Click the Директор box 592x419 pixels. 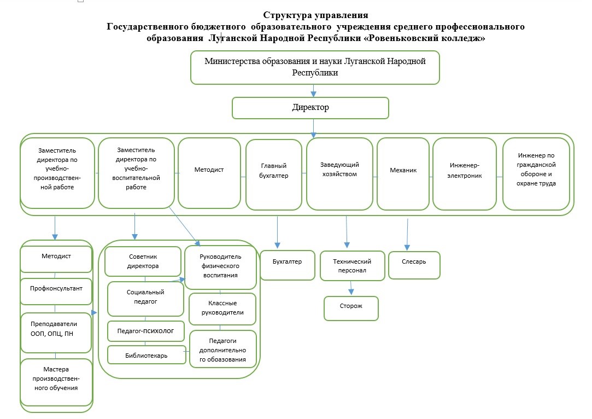[310, 108]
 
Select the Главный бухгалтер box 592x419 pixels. [274, 174]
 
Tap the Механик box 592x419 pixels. [403, 173]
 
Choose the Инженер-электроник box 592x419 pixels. [465, 173]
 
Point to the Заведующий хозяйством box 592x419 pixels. [340, 173]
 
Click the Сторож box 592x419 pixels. [351, 309]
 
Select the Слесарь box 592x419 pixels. [414, 265]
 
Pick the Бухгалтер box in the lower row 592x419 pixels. [288, 265]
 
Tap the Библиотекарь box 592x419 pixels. [146, 355]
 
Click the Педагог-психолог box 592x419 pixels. [146, 331]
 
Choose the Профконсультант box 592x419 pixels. [56, 292]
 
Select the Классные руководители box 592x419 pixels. [222, 309]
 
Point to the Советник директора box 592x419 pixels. [143, 261]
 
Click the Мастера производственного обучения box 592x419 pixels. [56, 382]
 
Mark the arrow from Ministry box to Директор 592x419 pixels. [313, 91]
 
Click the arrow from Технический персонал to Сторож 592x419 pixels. [351, 288]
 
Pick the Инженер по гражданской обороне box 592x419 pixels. [536, 173]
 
